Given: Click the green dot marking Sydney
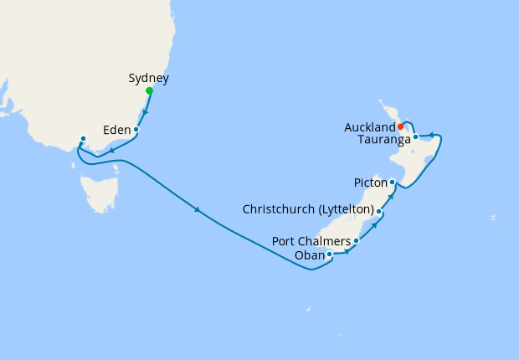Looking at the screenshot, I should pyautogui.click(x=149, y=90).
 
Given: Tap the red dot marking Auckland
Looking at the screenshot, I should pyautogui.click(x=401, y=126).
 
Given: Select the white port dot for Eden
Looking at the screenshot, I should pyautogui.click(x=136, y=130).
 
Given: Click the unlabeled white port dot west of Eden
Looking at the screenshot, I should pyautogui.click(x=83, y=139).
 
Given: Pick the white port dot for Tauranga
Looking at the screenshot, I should pyautogui.click(x=415, y=136).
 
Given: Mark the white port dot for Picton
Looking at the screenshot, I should pyautogui.click(x=392, y=182).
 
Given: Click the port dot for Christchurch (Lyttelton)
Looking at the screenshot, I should pyautogui.click(x=379, y=211).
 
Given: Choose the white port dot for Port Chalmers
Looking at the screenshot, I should pyautogui.click(x=357, y=241).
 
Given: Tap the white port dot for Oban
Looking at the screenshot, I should pyautogui.click(x=329, y=254).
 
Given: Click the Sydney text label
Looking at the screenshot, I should pyautogui.click(x=149, y=79).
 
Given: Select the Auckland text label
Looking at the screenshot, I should pyautogui.click(x=369, y=127).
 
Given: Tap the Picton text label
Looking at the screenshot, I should pyautogui.click(x=369, y=182).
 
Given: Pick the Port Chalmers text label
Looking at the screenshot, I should pyautogui.click(x=311, y=242).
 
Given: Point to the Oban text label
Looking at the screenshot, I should pyautogui.click(x=309, y=255).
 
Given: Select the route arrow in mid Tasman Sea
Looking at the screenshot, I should pyautogui.click(x=198, y=209).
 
